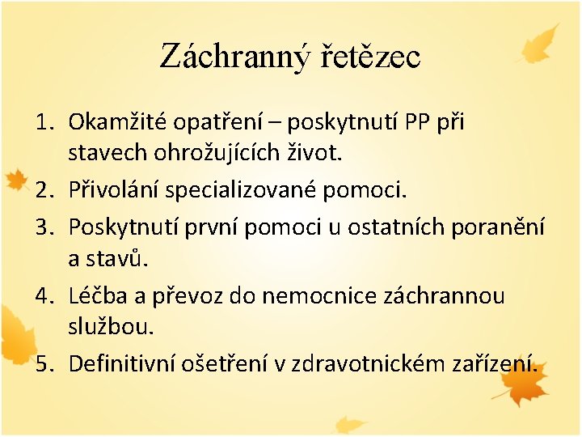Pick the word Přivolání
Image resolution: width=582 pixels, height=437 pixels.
pos(113,190)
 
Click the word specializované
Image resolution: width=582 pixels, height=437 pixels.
pos(242,190)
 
